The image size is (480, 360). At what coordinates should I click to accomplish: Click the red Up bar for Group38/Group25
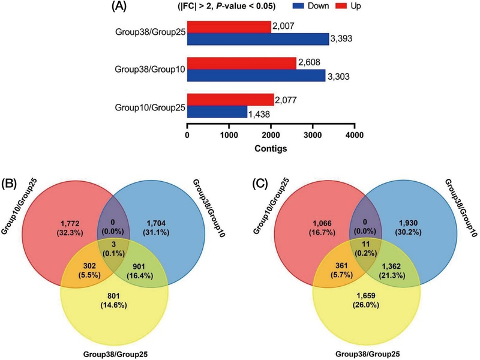coord(229,28)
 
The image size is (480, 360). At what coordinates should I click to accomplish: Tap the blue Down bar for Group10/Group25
coord(217,111)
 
